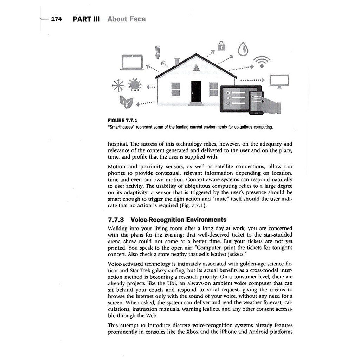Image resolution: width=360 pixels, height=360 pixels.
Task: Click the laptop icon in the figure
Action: click(x=132, y=62)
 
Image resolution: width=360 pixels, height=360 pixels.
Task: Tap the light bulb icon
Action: click(x=158, y=52)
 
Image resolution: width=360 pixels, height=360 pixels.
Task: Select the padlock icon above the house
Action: click(x=221, y=46)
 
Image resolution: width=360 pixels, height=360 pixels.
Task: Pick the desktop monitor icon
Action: click(x=279, y=81)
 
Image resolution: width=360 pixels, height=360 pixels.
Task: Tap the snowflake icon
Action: click(x=118, y=85)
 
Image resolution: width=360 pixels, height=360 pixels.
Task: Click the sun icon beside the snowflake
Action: click(x=134, y=85)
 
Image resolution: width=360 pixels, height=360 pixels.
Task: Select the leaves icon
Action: click(x=126, y=102)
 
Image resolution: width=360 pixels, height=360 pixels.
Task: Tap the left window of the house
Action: click(x=175, y=89)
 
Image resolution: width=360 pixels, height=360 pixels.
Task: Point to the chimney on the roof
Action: click(x=176, y=62)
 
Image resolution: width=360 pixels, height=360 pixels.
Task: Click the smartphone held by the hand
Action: click(x=256, y=103)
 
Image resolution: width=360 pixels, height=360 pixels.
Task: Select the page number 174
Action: click(x=57, y=19)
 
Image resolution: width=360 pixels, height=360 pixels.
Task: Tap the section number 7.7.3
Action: click(x=116, y=220)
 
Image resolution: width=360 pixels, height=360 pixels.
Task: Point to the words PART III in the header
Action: click(x=86, y=19)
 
